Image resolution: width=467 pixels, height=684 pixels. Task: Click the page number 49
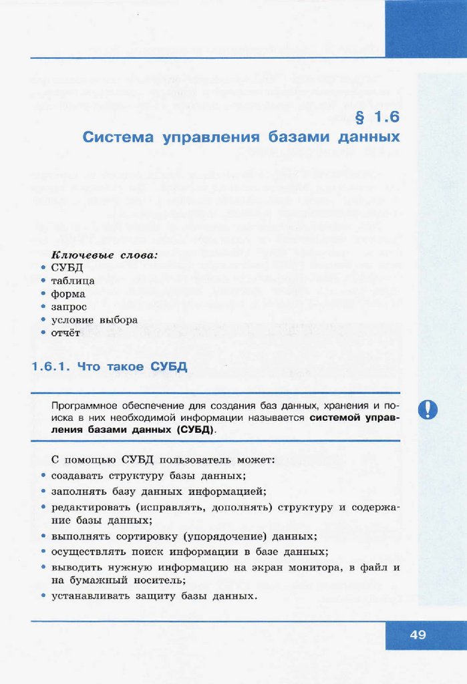click(x=418, y=635)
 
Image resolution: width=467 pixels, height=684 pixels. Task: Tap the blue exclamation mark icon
click(x=428, y=409)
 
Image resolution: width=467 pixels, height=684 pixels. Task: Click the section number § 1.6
click(x=377, y=118)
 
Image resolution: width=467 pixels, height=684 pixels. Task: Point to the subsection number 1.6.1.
click(x=52, y=367)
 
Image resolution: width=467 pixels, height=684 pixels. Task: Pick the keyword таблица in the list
click(x=73, y=281)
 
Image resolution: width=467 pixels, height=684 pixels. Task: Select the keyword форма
click(x=68, y=294)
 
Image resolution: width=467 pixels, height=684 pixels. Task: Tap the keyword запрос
click(x=69, y=307)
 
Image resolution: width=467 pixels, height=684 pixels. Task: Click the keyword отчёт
click(x=65, y=333)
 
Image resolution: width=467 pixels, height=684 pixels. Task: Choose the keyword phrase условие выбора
click(x=94, y=319)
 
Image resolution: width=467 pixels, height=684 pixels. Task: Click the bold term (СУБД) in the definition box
click(x=196, y=430)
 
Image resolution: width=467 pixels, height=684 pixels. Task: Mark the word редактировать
click(x=89, y=508)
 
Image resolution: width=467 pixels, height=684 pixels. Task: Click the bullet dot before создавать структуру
click(x=43, y=476)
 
